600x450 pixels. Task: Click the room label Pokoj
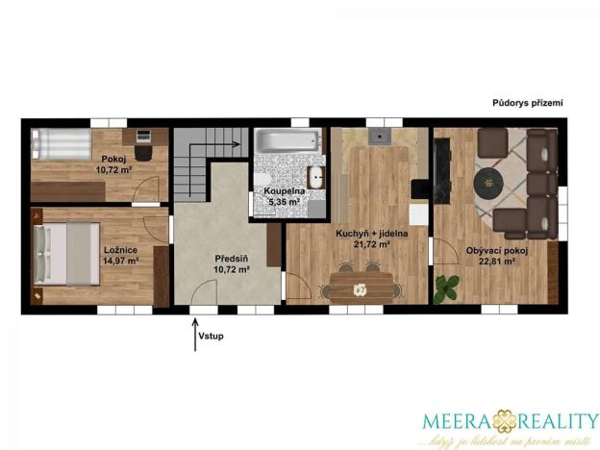click(x=113, y=158)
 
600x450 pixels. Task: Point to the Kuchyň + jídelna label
click(x=362, y=233)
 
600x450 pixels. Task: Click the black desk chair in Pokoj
click(x=143, y=151)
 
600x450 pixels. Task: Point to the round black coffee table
click(x=489, y=180)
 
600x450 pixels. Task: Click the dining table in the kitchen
click(x=361, y=287)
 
